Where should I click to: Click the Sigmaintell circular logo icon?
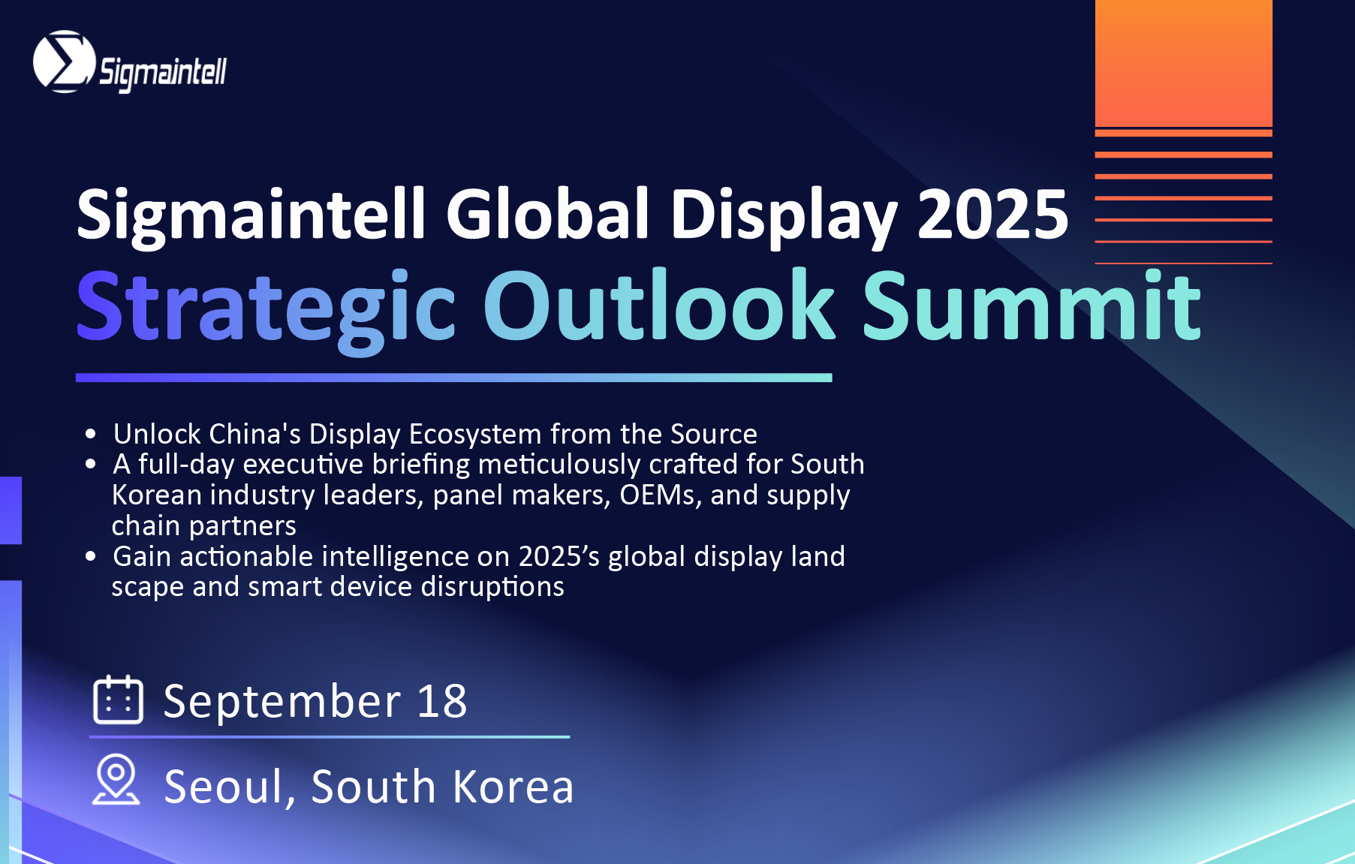coord(65,62)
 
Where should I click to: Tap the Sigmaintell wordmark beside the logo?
coord(163,73)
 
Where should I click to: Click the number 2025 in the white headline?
coord(992,215)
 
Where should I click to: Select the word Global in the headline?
coord(548,214)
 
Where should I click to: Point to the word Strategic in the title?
coord(266,308)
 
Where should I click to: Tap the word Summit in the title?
coord(1031,305)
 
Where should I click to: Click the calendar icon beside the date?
coord(118,700)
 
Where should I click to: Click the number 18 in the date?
coord(442,701)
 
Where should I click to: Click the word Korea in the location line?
coord(513,787)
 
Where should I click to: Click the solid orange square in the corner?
coord(1184,63)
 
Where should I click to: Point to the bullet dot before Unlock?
coord(91,434)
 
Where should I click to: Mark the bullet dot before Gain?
coord(91,556)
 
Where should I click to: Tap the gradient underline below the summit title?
coord(454,378)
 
